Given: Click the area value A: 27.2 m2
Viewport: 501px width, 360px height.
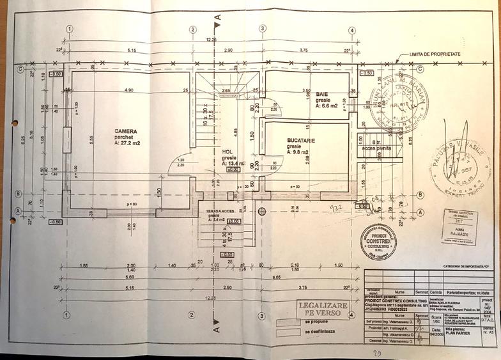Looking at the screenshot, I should pyautogui.click(x=127, y=143).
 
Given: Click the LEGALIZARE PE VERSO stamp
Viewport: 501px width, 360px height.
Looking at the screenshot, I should pyautogui.click(x=323, y=309).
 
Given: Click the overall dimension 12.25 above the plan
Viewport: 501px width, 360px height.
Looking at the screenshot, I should pyautogui.click(x=211, y=40).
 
